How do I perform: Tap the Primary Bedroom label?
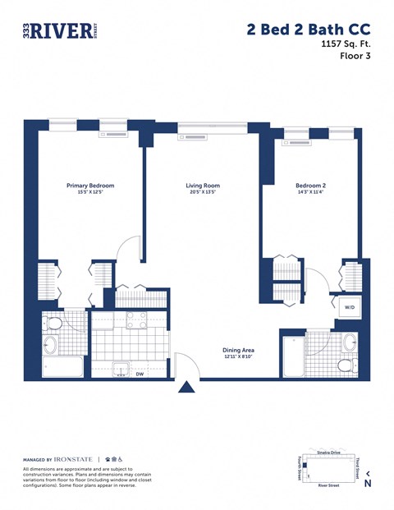click(90, 186)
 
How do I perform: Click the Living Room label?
click(203, 186)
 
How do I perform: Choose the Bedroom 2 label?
click(310, 186)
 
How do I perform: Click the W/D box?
click(349, 307)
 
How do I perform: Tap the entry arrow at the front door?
click(187, 387)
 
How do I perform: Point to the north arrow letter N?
click(367, 484)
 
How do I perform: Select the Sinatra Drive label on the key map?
click(328, 453)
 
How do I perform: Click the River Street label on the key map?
click(328, 486)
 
